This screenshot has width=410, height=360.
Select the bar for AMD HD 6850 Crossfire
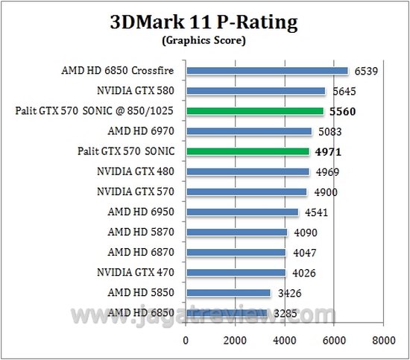[267, 71]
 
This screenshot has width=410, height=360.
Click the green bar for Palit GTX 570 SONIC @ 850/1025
[255, 111]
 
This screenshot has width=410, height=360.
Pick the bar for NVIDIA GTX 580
[256, 91]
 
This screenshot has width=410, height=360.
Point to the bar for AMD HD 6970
[249, 131]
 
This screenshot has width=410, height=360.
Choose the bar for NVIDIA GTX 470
[236, 272]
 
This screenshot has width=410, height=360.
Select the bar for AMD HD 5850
[228, 292]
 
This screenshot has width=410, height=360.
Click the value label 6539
[365, 71]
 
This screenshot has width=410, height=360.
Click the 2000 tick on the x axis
[236, 341]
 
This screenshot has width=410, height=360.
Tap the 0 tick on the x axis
[186, 341]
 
